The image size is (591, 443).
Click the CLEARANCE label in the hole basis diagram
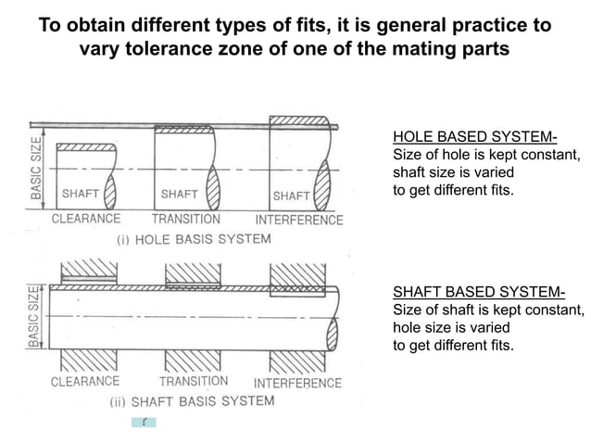(85, 220)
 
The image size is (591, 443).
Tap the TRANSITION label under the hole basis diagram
(186, 220)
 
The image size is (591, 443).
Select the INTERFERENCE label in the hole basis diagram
(298, 221)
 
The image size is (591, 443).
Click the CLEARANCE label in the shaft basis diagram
(85, 381)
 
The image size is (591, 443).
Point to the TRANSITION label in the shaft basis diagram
(194, 381)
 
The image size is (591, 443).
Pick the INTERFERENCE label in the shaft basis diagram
(297, 383)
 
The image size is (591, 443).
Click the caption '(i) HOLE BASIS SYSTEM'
(195, 239)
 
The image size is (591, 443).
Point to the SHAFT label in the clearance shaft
(80, 195)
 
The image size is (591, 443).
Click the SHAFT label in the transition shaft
(179, 195)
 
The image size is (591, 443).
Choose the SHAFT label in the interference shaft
(291, 196)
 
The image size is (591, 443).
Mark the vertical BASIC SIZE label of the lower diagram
(35, 316)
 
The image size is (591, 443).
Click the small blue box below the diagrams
(144, 423)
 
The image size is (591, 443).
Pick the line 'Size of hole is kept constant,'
(486, 155)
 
